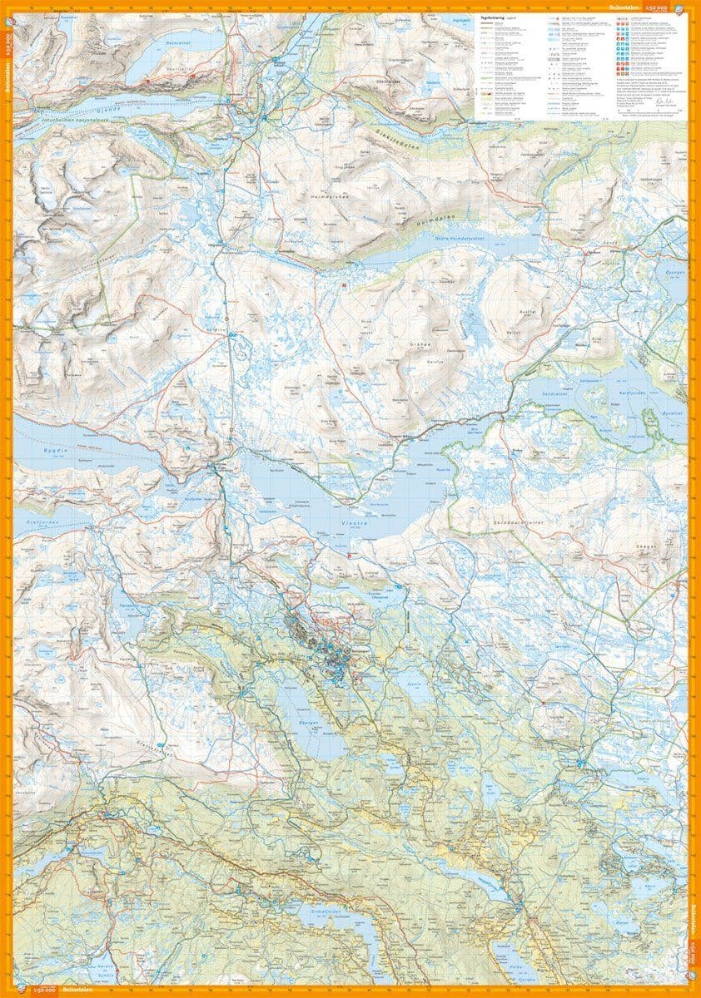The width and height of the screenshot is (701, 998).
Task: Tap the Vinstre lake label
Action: coord(350,522)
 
